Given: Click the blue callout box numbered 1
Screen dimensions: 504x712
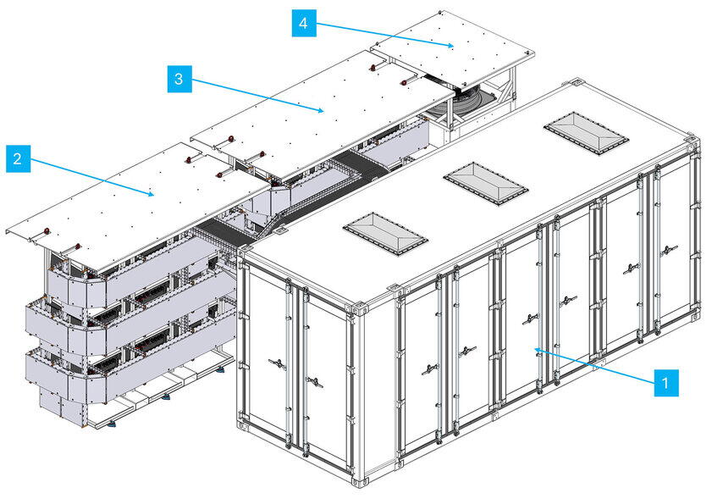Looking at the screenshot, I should [x=666, y=382].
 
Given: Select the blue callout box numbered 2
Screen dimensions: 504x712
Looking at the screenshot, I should [x=17, y=158].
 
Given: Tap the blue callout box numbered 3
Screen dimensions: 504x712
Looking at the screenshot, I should [x=178, y=80].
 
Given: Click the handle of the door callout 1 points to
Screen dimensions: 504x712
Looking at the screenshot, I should [x=531, y=318].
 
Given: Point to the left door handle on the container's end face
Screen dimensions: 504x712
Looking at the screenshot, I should [x=277, y=363].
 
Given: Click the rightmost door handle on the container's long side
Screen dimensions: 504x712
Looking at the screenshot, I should [x=670, y=250].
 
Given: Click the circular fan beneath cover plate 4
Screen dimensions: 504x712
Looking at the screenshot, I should [x=467, y=103].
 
